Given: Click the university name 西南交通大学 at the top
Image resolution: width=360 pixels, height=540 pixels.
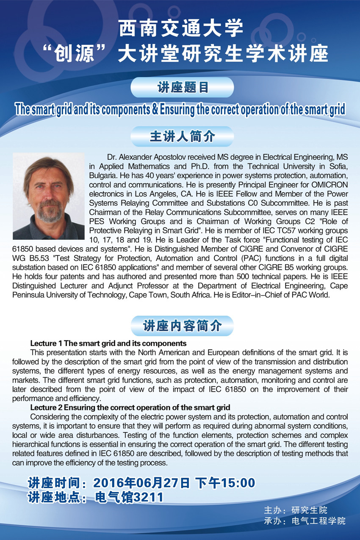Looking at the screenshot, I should [x=181, y=29].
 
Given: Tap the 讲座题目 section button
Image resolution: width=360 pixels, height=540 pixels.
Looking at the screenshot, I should [x=182, y=88].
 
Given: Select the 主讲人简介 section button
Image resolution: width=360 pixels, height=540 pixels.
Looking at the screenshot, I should [x=182, y=137].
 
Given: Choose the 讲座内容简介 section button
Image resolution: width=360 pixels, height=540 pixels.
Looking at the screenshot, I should [x=182, y=326].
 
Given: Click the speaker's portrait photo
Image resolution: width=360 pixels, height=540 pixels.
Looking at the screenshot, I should [x=49, y=196].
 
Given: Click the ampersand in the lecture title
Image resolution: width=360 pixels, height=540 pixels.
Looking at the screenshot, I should [x=155, y=110].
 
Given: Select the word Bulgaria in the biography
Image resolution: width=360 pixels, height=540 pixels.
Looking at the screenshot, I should [x=102, y=175].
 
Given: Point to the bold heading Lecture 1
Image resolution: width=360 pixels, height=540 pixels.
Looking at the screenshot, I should [x=46, y=343].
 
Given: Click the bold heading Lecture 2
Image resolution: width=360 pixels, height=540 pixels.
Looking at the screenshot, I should [x=46, y=407].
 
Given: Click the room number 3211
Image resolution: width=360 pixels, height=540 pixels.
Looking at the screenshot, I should [x=148, y=497].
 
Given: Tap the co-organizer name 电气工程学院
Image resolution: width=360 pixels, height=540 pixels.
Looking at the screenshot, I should [x=318, y=521].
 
